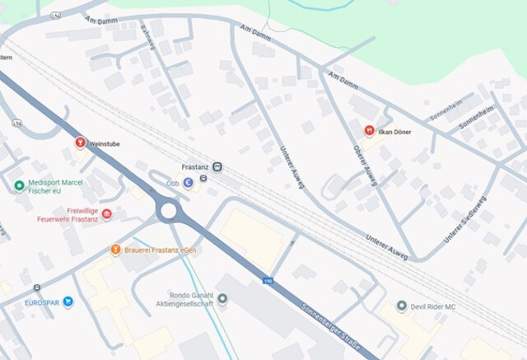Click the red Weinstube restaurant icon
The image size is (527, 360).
[x=80, y=143]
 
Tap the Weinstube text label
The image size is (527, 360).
[x=104, y=143]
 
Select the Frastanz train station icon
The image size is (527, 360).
[x=217, y=166]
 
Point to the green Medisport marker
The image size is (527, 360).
[x=19, y=185]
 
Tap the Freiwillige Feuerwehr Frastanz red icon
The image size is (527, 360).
[x=106, y=214]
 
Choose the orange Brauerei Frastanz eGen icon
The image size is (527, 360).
[x=116, y=249]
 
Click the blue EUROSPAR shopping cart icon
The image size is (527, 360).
[x=68, y=302]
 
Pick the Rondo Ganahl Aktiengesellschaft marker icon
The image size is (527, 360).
[x=222, y=298]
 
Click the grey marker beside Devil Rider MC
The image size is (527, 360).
[x=401, y=306]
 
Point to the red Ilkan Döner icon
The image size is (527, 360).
[x=370, y=131]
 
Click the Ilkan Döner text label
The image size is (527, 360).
[x=395, y=132]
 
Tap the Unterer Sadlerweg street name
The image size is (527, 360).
[x=465, y=219]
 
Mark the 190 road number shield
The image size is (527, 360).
[x=268, y=281]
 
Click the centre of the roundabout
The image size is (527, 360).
[x=169, y=211]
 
